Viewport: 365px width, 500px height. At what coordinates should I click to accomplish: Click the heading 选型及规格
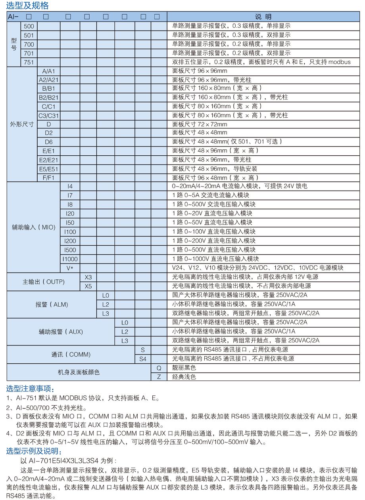pyautogui.click(x=27, y=6)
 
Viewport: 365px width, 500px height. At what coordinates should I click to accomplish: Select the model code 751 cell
pyautogui.click(x=29, y=62)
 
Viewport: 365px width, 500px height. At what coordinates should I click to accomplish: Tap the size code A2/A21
pyautogui.click(x=49, y=80)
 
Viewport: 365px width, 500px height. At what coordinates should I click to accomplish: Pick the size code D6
pyautogui.click(x=49, y=141)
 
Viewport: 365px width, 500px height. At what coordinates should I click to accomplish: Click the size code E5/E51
pyautogui.click(x=49, y=169)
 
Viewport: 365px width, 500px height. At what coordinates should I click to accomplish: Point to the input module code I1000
pyautogui.click(x=70, y=259)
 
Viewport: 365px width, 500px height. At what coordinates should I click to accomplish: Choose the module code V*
pyautogui.click(x=70, y=268)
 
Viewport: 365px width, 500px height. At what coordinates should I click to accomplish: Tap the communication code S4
pyautogui.click(x=143, y=359)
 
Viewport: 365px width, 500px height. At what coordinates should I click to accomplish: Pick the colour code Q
pyautogui.click(x=159, y=368)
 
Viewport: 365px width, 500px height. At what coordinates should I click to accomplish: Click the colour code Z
pyautogui.click(x=159, y=377)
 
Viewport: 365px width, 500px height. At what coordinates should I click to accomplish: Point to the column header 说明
pyautogui.click(x=263, y=17)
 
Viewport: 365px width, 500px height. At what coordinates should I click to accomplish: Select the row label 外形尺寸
pyautogui.click(x=22, y=124)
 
